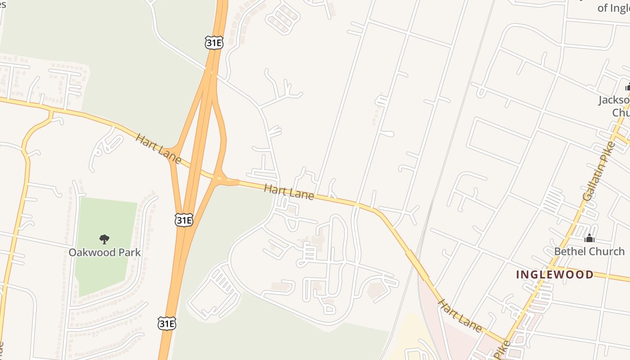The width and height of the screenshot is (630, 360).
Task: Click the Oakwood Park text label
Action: tap(104, 252)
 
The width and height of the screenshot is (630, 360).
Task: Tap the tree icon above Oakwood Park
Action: tap(104, 239)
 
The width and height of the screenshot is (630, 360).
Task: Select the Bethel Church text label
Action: tap(589, 251)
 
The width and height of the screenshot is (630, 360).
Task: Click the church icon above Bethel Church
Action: tap(589, 238)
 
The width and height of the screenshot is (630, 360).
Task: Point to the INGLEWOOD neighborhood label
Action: tap(554, 274)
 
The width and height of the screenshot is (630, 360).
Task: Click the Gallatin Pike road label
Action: tap(598, 171)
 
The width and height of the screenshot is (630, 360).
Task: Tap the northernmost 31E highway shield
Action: tap(214, 43)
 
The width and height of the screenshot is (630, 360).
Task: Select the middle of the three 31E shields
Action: tap(184, 220)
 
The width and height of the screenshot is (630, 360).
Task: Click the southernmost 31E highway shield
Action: tap(166, 323)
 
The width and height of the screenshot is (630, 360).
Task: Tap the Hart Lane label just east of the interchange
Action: tap(288, 192)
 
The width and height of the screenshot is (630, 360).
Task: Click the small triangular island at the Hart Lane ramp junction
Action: tap(219, 178)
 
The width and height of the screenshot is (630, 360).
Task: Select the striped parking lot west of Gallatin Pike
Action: tap(553, 200)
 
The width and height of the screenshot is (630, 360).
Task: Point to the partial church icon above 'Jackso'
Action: tap(627, 87)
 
